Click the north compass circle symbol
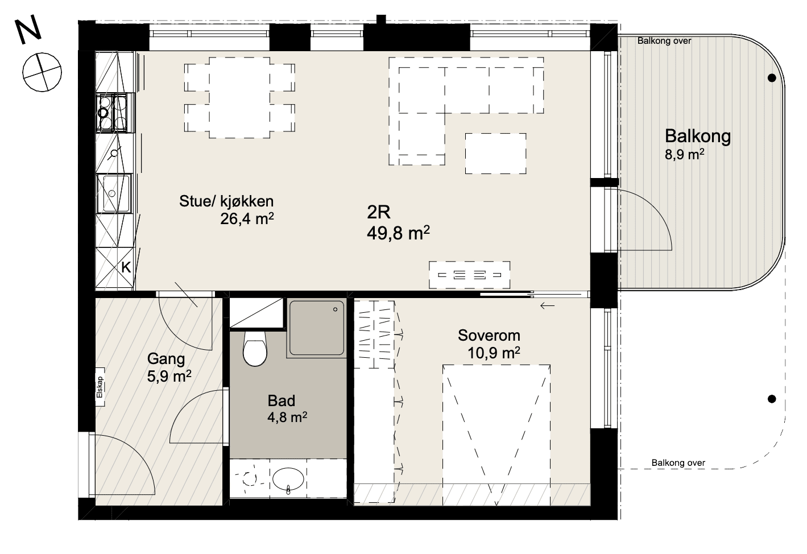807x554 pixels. (x=42, y=72)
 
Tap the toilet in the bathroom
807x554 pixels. (x=255, y=348)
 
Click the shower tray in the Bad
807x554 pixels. (x=316, y=328)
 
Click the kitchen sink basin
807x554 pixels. (x=113, y=193)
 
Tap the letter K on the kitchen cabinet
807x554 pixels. (x=126, y=268)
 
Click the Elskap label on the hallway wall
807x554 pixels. (x=100, y=387)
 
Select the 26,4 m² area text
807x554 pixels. (x=247, y=218)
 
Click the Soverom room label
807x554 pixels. (x=489, y=336)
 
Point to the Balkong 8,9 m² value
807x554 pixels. (x=685, y=155)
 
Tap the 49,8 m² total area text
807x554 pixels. (x=398, y=233)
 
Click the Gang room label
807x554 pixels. (x=166, y=359)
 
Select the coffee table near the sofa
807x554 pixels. (x=495, y=154)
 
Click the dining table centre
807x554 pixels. (x=239, y=98)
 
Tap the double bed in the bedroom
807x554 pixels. (x=496, y=435)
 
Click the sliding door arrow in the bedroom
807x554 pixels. (x=547, y=306)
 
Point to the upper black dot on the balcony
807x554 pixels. (x=772, y=78)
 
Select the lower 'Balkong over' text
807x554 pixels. (x=678, y=463)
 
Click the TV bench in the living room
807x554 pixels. (x=469, y=275)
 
